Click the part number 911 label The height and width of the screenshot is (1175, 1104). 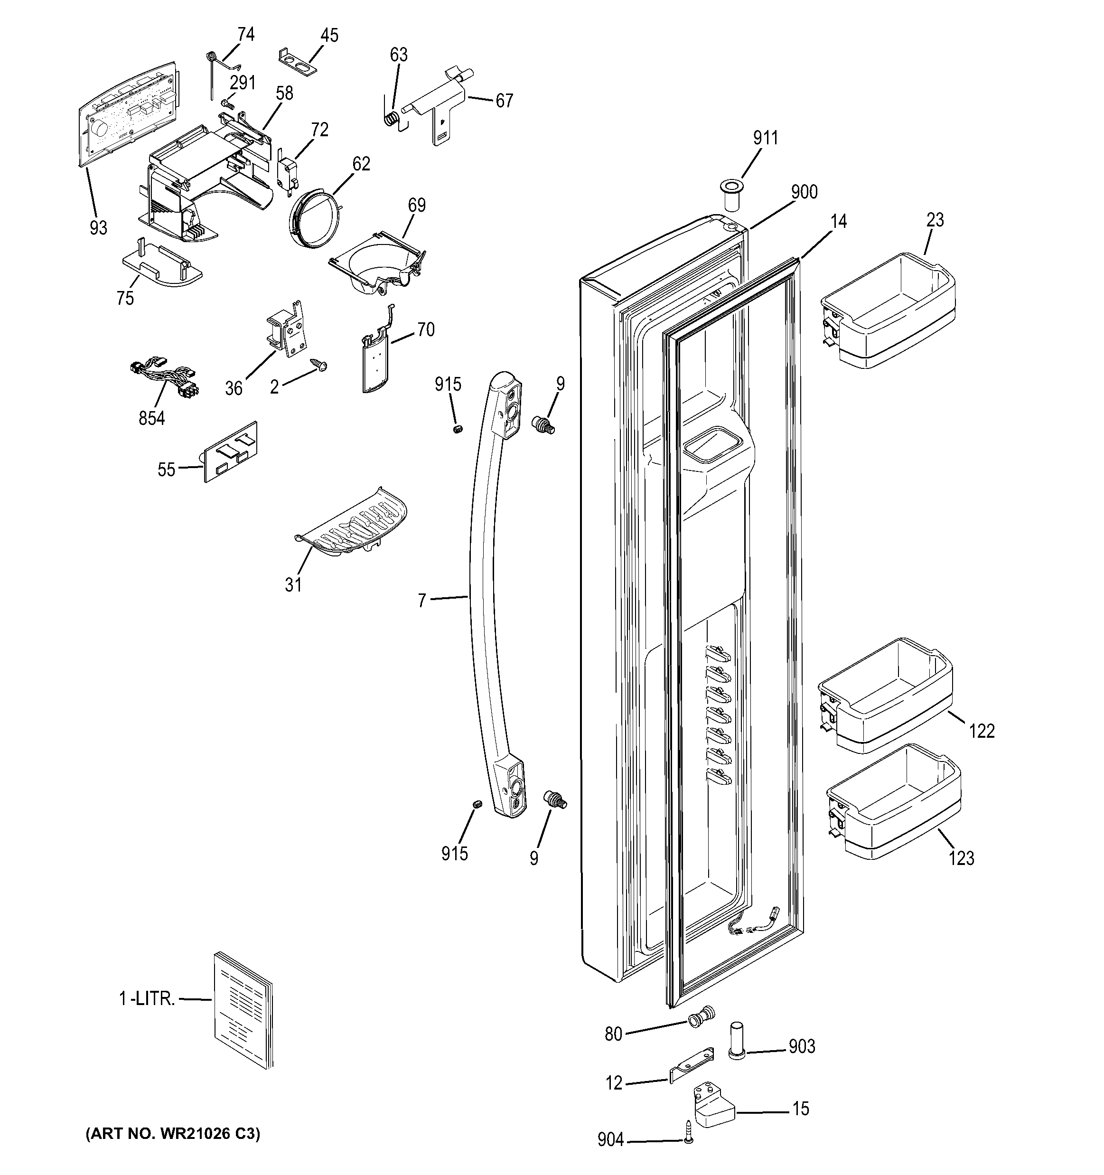tap(766, 138)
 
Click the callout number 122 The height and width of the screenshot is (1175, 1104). tap(982, 731)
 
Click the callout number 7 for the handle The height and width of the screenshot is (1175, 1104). tap(421, 601)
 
